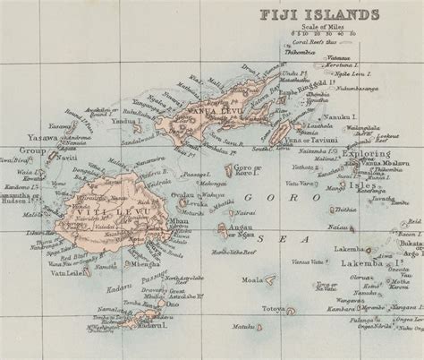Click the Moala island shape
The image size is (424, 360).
pyautogui.click(x=271, y=279)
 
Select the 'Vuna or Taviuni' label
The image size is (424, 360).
pyautogui.click(x=315, y=141)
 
